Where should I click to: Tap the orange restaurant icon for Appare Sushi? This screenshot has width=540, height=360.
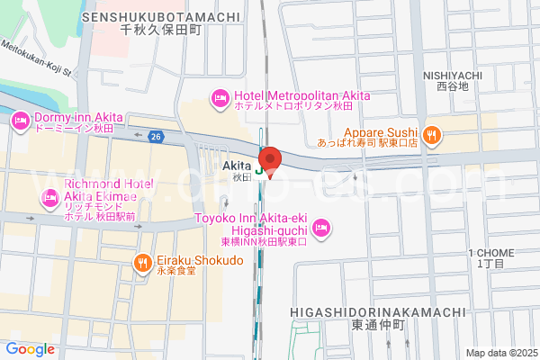point(432,135)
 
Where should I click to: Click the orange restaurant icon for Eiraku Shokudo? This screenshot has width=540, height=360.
point(142,262)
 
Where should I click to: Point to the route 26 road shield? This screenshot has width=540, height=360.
point(156,137)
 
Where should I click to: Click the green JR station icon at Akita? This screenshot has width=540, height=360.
point(260,168)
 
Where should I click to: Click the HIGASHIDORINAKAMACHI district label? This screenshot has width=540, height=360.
point(378,311)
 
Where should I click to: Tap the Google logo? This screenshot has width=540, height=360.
point(30,348)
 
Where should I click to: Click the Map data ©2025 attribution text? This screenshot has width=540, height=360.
point(499,352)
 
